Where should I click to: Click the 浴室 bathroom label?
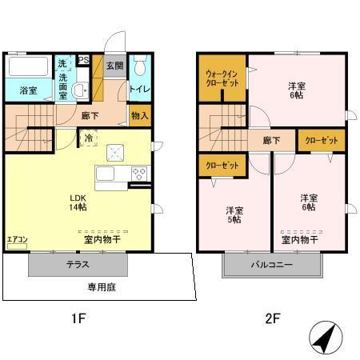point(27,90)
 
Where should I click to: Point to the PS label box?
point(83,58)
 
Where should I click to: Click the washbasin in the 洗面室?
point(79,90)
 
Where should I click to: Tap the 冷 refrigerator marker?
point(89,138)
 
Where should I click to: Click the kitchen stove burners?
point(138,173)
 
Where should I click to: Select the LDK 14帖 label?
point(76,202)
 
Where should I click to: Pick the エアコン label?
point(18,239)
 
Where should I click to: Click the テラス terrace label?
point(78,265)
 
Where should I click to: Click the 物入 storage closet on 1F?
point(139,116)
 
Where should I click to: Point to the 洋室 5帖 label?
point(234,216)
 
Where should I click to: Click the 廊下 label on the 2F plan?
point(271,141)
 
